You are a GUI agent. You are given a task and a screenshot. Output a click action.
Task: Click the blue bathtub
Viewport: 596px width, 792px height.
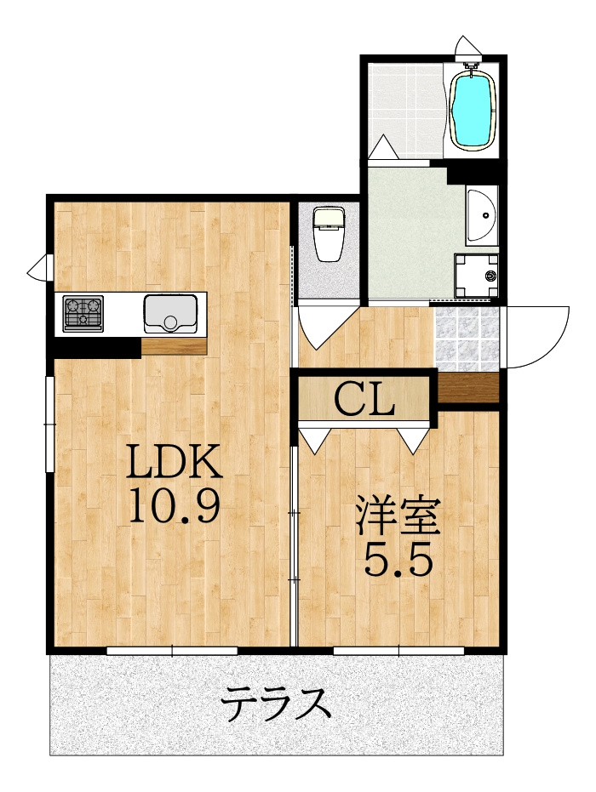[x=472, y=110]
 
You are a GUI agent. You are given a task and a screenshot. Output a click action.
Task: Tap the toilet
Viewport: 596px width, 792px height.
[x=329, y=234]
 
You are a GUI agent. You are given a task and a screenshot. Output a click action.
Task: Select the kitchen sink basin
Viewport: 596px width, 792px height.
[x=170, y=314]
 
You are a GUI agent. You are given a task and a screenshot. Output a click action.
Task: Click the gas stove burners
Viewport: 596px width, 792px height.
[x=83, y=314]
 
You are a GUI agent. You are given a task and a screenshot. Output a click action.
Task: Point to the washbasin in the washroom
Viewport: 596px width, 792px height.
[x=482, y=215]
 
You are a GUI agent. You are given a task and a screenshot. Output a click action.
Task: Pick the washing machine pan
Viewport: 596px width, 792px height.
[x=476, y=276]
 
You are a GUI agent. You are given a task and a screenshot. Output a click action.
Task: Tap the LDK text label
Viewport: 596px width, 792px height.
[x=175, y=461]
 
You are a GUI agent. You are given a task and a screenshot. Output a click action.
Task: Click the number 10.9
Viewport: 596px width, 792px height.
[x=175, y=505]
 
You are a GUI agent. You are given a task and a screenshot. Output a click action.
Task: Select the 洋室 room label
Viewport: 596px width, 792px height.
[x=398, y=516]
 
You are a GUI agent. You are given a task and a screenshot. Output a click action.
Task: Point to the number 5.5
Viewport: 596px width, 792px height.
[x=398, y=559]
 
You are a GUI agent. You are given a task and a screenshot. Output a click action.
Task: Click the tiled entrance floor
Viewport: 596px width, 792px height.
[x=467, y=339]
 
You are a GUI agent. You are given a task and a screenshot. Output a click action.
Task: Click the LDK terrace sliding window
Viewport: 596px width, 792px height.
[x=172, y=651]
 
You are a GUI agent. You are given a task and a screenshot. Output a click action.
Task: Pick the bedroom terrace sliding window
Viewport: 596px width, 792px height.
[x=398, y=651]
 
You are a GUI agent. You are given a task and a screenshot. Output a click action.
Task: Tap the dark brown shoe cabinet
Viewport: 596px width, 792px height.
[x=468, y=387]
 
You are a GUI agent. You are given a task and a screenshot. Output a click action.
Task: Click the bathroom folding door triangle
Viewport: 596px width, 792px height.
[x=384, y=147]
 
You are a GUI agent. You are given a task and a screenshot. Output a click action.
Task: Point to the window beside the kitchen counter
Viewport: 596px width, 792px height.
[x=49, y=424]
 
